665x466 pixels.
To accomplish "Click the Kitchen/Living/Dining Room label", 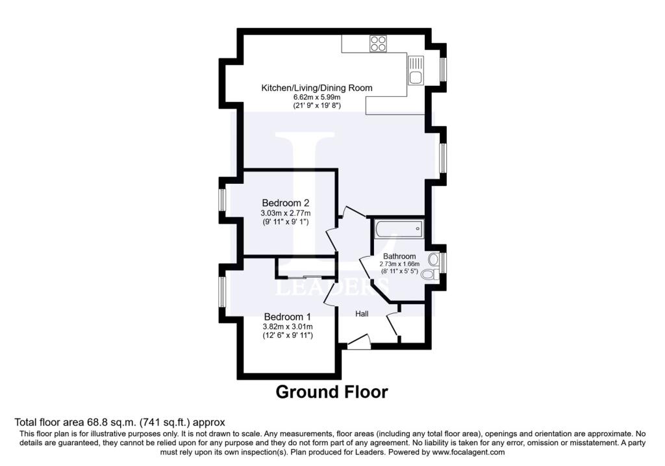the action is point(317,88).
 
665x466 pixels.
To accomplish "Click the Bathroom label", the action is point(399,256).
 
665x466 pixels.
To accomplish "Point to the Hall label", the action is point(362,314).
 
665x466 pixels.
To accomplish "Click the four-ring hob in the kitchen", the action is point(378,44).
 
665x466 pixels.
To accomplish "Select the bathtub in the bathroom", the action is point(399,229).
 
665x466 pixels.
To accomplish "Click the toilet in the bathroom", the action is point(431,274).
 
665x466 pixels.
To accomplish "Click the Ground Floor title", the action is point(332,392).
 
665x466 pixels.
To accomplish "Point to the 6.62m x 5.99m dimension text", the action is point(317,97).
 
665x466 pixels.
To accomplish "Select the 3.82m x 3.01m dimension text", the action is point(288,327).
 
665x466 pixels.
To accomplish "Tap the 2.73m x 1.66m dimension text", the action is point(399,264).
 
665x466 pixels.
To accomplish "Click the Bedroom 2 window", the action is point(222,199).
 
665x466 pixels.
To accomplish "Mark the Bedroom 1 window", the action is point(222,292).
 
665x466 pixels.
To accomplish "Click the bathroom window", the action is point(442,263).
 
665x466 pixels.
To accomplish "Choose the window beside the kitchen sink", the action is point(442,69).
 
